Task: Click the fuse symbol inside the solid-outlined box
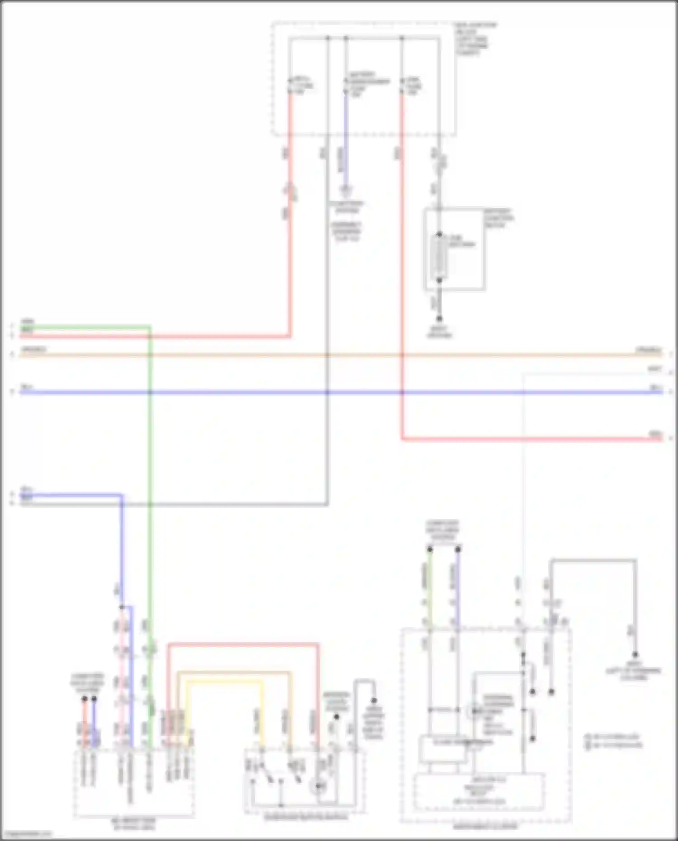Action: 439,257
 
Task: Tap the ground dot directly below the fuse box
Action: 439,319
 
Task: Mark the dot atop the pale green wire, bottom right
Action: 430,550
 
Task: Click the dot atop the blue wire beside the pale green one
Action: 457,550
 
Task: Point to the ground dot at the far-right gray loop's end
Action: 635,655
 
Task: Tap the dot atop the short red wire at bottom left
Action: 85,699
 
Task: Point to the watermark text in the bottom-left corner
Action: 26,834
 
